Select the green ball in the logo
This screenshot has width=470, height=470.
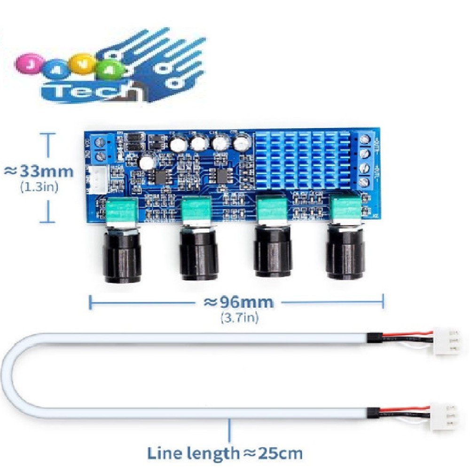point(116,70)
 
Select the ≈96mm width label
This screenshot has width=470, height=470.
point(238,302)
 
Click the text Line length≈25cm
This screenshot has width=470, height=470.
point(225,454)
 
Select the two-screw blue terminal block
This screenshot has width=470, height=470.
point(100,148)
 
